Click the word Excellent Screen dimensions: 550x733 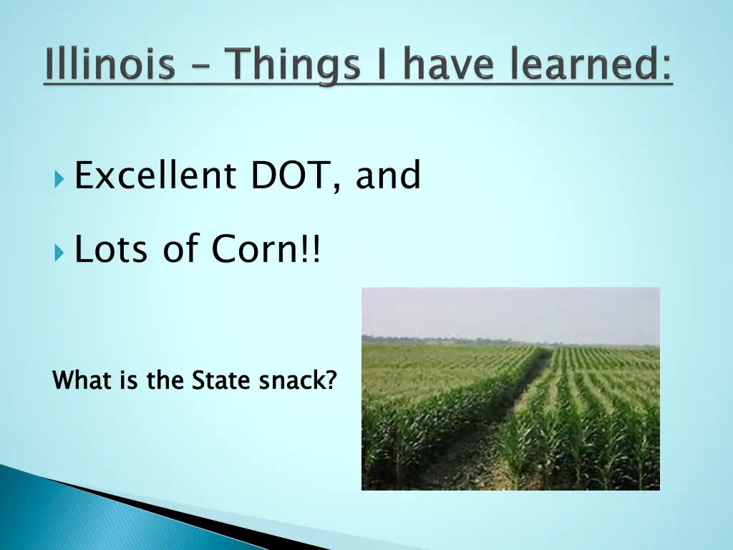pos(155,176)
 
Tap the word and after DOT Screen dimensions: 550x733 pos(388,176)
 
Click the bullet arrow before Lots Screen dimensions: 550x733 pos(59,252)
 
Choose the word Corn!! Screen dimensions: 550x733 pos(266,250)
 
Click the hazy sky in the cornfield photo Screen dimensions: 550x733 pos(510,312)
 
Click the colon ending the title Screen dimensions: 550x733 pos(666,69)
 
